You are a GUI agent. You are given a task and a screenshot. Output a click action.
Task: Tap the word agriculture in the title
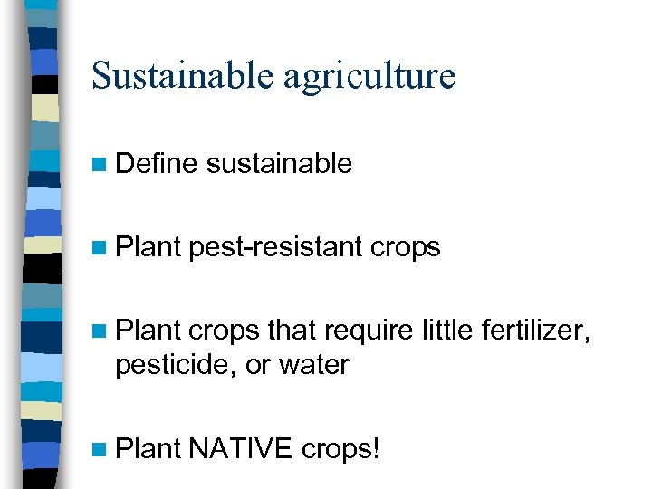369,77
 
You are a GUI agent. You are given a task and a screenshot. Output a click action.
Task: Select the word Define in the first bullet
156,164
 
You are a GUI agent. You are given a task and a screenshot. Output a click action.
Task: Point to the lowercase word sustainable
279,164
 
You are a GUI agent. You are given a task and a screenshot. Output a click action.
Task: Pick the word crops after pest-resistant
404,248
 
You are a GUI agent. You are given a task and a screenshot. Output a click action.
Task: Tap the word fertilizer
533,331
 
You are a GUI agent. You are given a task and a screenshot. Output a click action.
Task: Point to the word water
313,365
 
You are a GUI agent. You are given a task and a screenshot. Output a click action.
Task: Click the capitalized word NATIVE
241,447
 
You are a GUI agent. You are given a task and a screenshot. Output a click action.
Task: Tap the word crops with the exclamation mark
340,448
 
